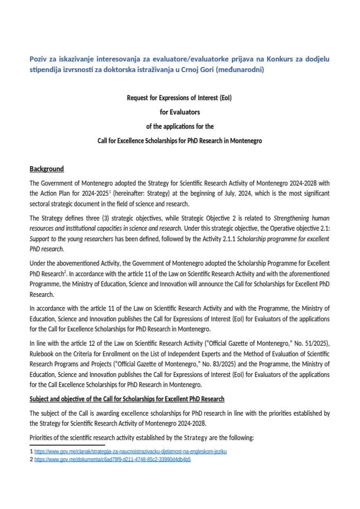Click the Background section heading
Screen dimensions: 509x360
[x=47, y=169]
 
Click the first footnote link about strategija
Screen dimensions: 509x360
[x=130, y=451]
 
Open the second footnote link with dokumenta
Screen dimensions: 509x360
[x=112, y=460]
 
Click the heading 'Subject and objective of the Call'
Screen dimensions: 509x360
[x=127, y=399]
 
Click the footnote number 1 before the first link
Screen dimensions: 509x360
[x=31, y=451]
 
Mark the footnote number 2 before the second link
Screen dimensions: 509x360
[x=31, y=460]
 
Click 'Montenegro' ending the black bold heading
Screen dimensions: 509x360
[x=244, y=141]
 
